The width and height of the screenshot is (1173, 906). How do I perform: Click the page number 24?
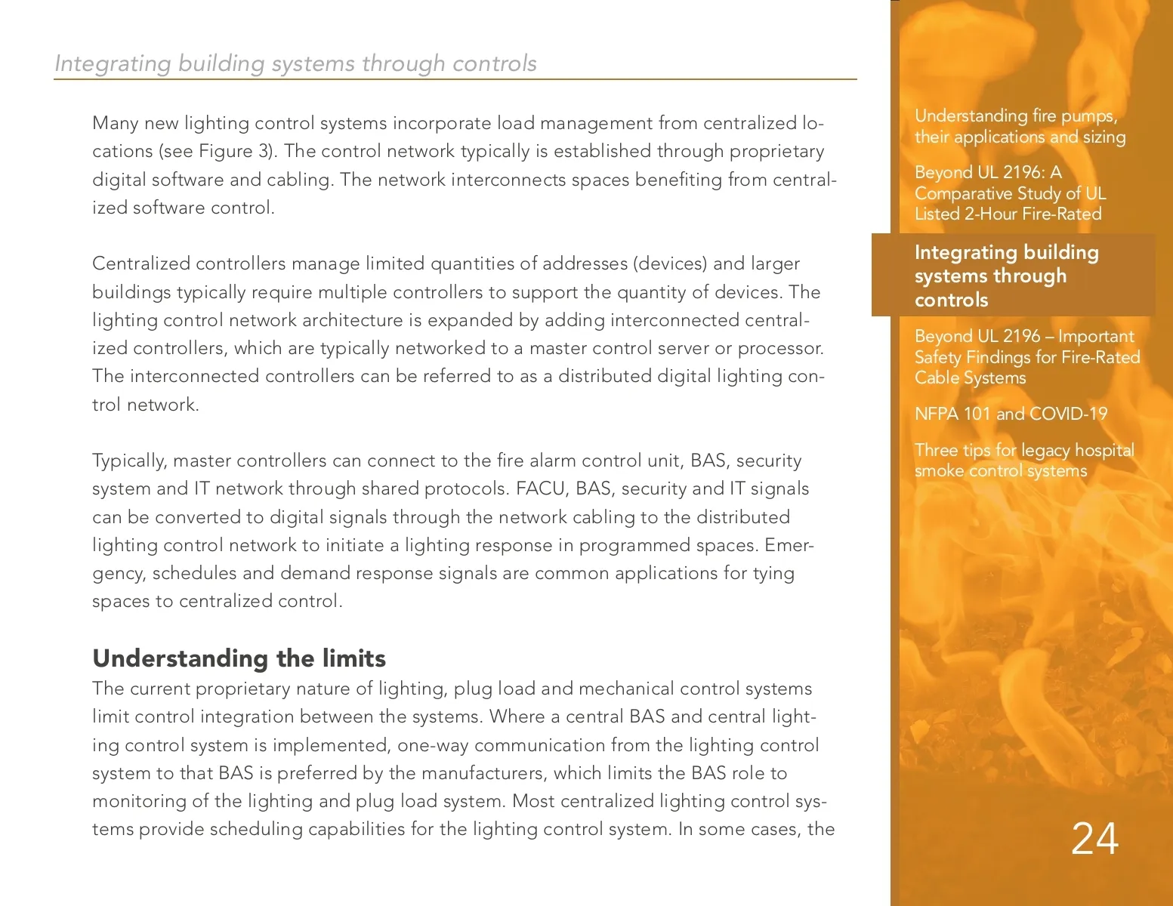point(1094,839)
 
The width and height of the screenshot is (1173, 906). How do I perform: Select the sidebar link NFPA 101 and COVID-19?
point(1011,414)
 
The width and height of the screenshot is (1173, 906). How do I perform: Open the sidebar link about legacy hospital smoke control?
point(1023,461)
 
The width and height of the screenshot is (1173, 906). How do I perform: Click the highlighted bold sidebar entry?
point(1006,276)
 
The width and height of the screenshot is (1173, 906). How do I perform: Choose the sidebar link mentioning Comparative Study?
point(1010,193)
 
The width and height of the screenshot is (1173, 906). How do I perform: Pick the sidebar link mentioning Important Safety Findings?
point(1026,357)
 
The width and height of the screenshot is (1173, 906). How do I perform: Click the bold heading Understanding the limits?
point(239,658)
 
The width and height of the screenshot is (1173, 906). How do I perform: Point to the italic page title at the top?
point(295,63)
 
